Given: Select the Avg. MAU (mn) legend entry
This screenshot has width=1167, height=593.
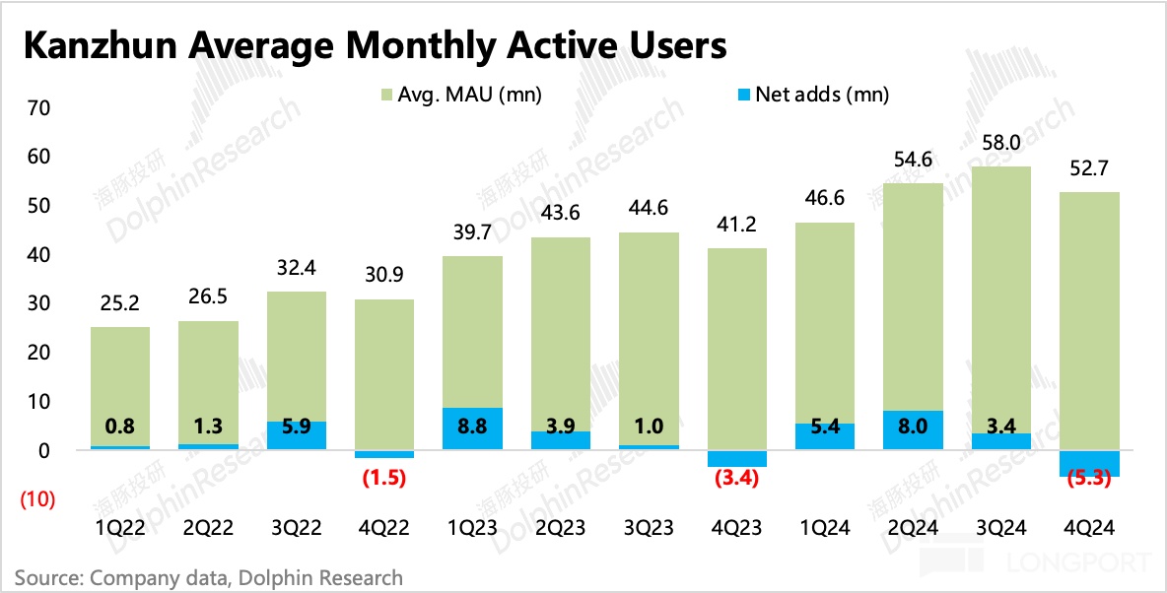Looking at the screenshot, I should click(x=458, y=96).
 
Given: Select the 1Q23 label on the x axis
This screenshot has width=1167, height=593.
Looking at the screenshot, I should click(x=471, y=528).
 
